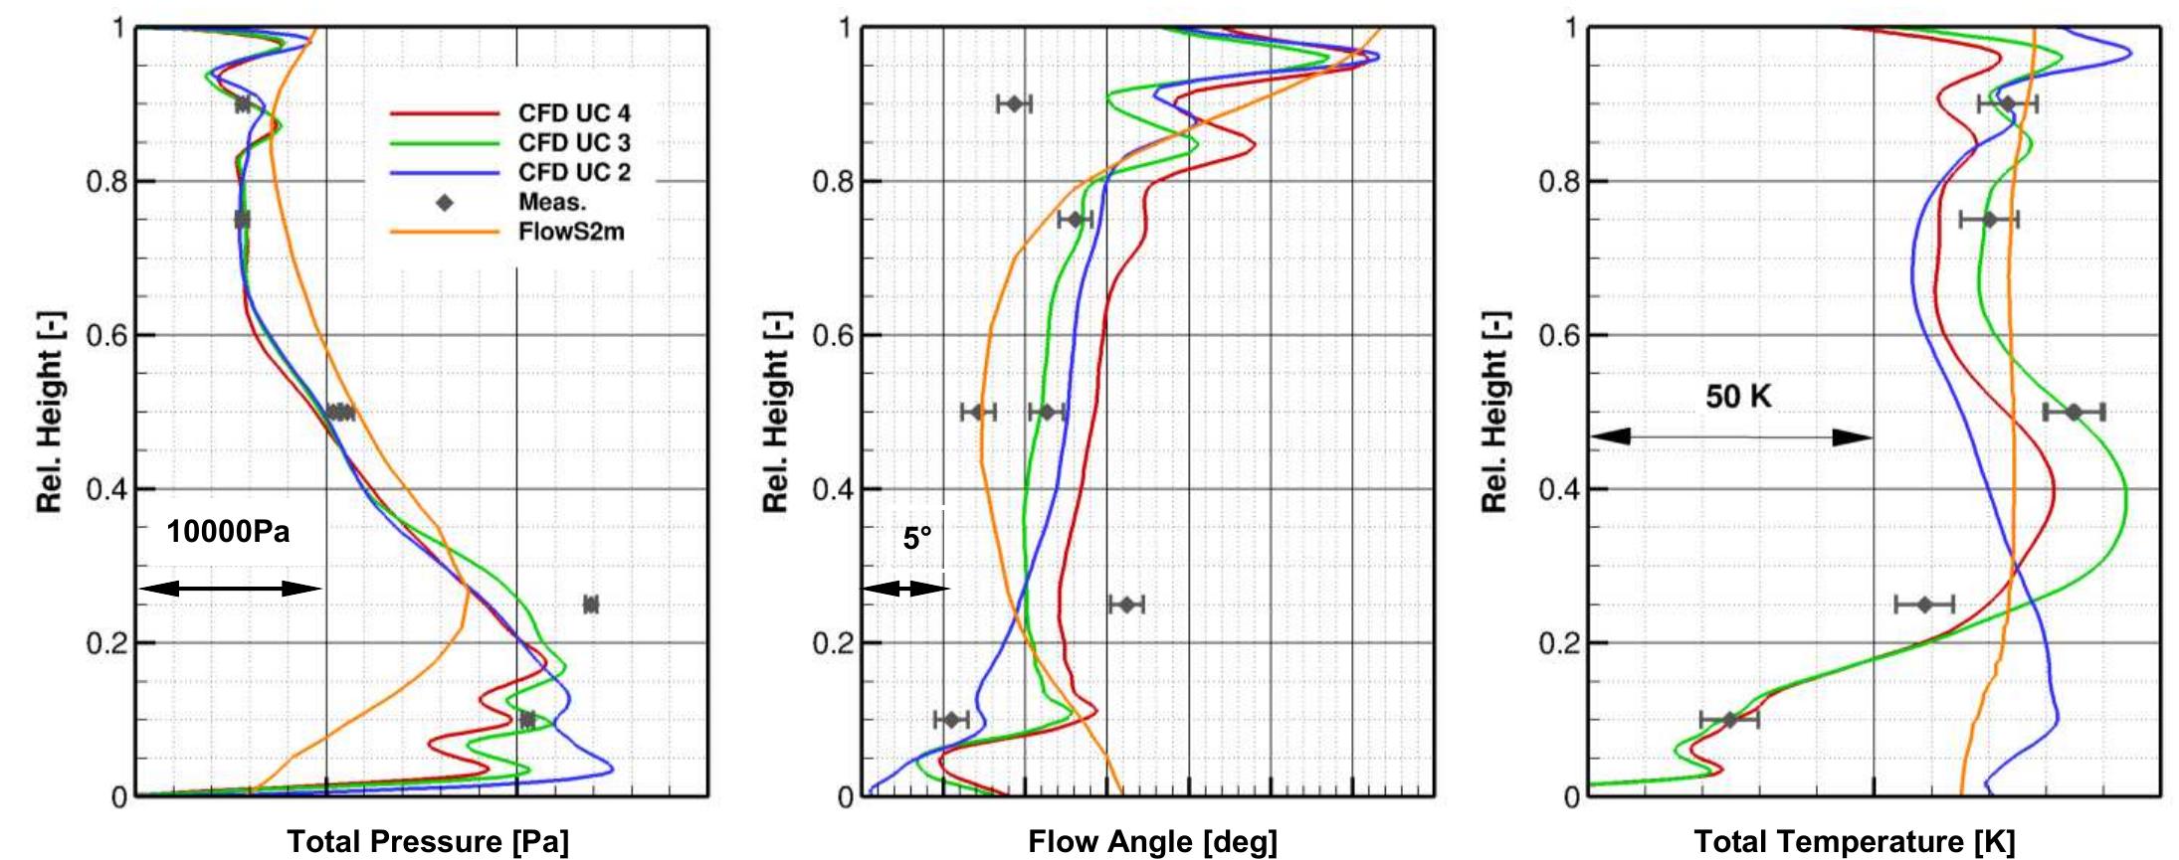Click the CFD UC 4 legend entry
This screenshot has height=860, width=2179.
tap(573, 113)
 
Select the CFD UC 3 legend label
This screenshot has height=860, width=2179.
tap(573, 143)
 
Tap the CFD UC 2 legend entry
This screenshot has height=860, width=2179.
tap(573, 173)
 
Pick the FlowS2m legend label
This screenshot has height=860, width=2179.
tap(570, 233)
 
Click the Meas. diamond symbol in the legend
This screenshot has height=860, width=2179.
tap(445, 203)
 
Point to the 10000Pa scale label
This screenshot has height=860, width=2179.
tap(228, 532)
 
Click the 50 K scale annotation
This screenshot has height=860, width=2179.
tap(1738, 397)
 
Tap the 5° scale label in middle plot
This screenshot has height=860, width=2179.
tap(917, 538)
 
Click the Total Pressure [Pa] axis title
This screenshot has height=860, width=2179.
tap(428, 842)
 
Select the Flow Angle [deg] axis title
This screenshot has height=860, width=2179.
tap(1152, 842)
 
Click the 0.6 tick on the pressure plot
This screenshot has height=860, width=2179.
tap(106, 336)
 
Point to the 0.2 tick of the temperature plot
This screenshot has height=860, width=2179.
tap(1558, 643)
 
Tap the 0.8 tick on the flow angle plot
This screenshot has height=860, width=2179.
tap(834, 182)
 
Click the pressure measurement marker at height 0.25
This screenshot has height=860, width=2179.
tap(591, 604)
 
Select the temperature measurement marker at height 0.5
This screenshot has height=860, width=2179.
tap(2074, 413)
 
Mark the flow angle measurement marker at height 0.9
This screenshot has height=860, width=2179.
tap(1015, 103)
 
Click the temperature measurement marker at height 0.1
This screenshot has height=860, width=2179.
tap(1729, 720)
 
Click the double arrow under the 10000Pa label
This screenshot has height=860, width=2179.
tap(230, 589)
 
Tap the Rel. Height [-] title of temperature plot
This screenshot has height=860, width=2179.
tap(1494, 412)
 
